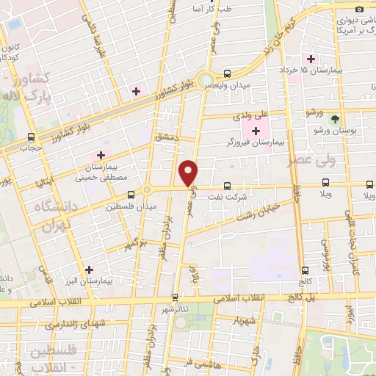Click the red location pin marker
189,173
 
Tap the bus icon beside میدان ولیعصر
226,73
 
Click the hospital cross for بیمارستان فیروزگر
256,130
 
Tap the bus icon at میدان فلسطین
130,195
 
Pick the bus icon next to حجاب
31,137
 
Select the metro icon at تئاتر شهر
175,297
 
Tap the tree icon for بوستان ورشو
336,118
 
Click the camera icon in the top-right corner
359,9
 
